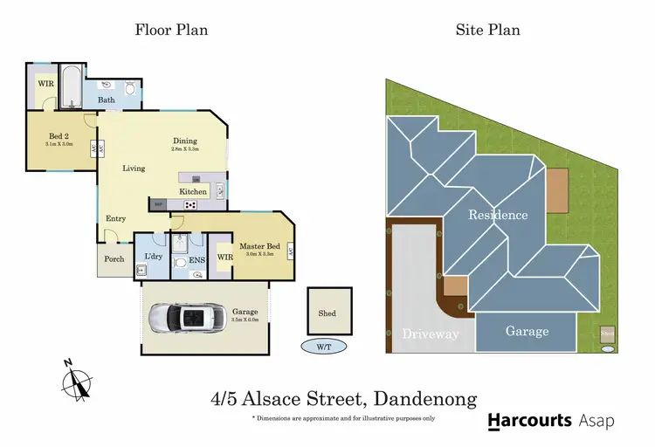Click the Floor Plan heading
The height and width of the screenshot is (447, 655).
(x=171, y=30)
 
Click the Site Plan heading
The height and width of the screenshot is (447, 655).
(x=487, y=30)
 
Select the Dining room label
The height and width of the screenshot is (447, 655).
(x=184, y=141)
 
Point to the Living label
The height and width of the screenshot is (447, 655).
(x=134, y=168)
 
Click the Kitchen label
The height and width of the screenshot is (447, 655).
(x=193, y=191)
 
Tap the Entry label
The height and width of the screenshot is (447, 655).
(x=116, y=218)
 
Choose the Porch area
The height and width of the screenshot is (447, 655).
(x=114, y=258)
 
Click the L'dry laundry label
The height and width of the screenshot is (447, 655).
(x=150, y=257)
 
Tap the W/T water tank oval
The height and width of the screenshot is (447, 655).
(x=325, y=347)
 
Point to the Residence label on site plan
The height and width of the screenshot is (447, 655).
(x=498, y=215)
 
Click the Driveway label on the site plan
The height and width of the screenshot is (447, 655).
(x=430, y=334)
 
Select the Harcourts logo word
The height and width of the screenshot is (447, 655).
(x=529, y=421)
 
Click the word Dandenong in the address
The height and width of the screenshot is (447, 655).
(x=425, y=399)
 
